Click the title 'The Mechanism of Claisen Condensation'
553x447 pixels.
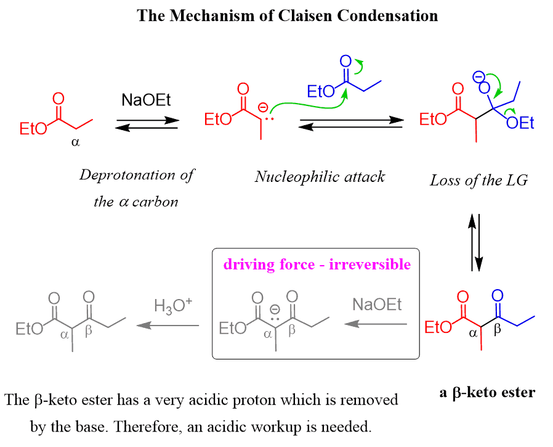(x=288, y=15)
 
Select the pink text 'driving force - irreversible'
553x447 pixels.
(x=317, y=265)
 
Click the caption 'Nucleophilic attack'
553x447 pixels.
(x=320, y=177)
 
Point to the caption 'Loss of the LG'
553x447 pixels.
(x=478, y=181)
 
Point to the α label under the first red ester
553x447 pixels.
(x=76, y=141)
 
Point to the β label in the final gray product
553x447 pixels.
(x=88, y=332)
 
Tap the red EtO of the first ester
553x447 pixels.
(x=33, y=129)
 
